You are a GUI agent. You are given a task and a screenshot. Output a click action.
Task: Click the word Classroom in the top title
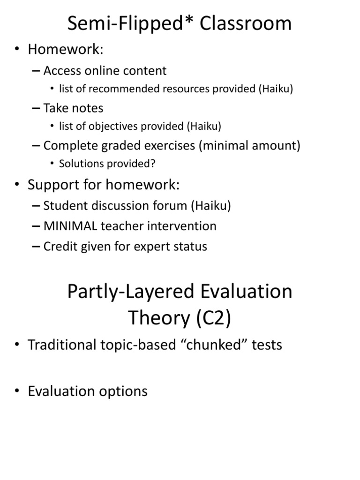246,23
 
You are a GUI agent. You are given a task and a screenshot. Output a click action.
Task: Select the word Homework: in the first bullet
66,49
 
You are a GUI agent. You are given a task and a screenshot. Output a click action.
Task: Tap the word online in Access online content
103,71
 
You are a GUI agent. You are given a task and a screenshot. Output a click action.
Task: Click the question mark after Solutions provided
152,164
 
